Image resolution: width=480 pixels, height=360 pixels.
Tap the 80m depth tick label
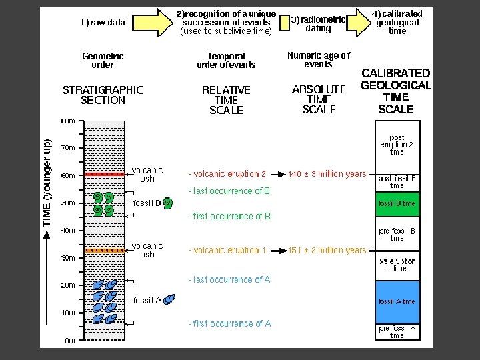[x=68, y=121]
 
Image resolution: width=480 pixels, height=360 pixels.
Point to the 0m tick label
[x=70, y=341]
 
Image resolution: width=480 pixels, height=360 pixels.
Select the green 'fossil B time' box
[x=397, y=203]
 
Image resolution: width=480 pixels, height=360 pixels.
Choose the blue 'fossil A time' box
[x=397, y=301]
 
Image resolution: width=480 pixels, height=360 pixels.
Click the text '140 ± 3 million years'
[x=327, y=174]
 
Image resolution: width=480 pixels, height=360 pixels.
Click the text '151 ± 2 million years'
[x=327, y=251]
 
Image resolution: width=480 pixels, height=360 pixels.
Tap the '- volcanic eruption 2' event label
[x=227, y=174]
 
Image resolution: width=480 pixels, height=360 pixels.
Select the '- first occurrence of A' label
[x=229, y=324]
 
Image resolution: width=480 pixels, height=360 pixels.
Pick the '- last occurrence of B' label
[x=229, y=191]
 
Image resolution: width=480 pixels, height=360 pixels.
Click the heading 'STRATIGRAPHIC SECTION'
[x=103, y=95]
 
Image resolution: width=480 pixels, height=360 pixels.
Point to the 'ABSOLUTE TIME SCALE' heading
[x=319, y=99]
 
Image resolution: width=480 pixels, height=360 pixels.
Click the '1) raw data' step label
[x=103, y=23]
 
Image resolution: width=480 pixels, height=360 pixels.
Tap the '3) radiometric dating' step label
[x=318, y=24]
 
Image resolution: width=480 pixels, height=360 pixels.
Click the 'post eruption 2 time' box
[x=397, y=145]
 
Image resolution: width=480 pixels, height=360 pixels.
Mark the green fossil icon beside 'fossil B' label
[x=168, y=203]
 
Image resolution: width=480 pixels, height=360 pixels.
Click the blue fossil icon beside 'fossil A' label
[x=170, y=300]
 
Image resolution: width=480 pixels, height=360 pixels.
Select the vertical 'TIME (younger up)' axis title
[x=47, y=183]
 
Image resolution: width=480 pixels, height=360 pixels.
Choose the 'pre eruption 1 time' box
[x=397, y=265]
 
